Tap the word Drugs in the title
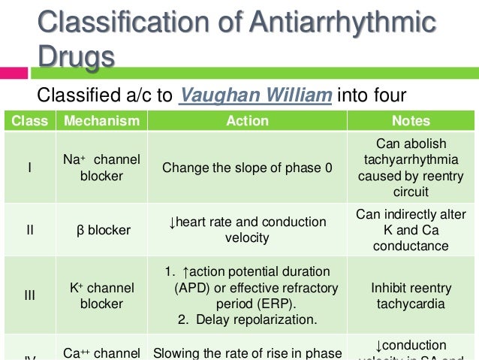(77, 57)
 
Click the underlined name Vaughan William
(255, 96)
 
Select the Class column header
(29, 121)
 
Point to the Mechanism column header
(101, 121)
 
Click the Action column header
(247, 121)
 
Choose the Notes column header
(411, 121)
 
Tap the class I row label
(29, 168)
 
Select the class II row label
(29, 230)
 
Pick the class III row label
(29, 295)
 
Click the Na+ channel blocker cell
(101, 168)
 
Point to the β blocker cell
(101, 230)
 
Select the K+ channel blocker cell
(101, 295)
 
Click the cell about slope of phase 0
(247, 168)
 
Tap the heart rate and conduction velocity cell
(247, 230)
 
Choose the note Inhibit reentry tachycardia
(411, 295)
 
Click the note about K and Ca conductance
(411, 230)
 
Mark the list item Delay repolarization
(247, 319)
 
